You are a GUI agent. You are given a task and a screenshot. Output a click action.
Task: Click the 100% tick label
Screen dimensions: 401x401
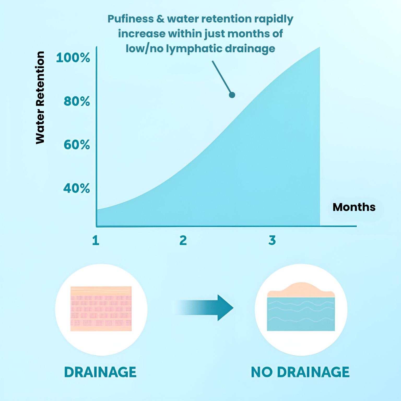tap(73, 58)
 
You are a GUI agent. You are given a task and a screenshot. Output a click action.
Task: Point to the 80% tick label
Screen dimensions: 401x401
tap(77, 101)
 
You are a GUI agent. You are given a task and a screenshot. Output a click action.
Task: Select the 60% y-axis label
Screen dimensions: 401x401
tap(77, 145)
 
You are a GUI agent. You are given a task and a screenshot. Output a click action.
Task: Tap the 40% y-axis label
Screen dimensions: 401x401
tap(77, 188)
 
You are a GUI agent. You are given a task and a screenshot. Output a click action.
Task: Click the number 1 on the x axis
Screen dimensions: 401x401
tap(96, 240)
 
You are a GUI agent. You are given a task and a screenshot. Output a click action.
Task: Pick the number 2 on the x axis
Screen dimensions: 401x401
tap(183, 240)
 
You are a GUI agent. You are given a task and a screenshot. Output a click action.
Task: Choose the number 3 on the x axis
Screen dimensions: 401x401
tap(272, 240)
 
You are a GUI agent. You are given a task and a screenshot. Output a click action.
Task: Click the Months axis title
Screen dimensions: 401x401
tap(354, 207)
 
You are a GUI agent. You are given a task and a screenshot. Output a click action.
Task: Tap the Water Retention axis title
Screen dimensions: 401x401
tap(40, 98)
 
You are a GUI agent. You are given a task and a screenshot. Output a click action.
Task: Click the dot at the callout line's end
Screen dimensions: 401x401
tap(232, 95)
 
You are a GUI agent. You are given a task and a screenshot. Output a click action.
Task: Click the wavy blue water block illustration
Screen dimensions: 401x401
tap(301, 314)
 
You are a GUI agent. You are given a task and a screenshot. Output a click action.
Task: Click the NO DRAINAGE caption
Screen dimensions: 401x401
tap(300, 372)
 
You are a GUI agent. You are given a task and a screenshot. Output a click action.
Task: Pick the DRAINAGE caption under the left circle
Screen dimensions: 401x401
tap(100, 372)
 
